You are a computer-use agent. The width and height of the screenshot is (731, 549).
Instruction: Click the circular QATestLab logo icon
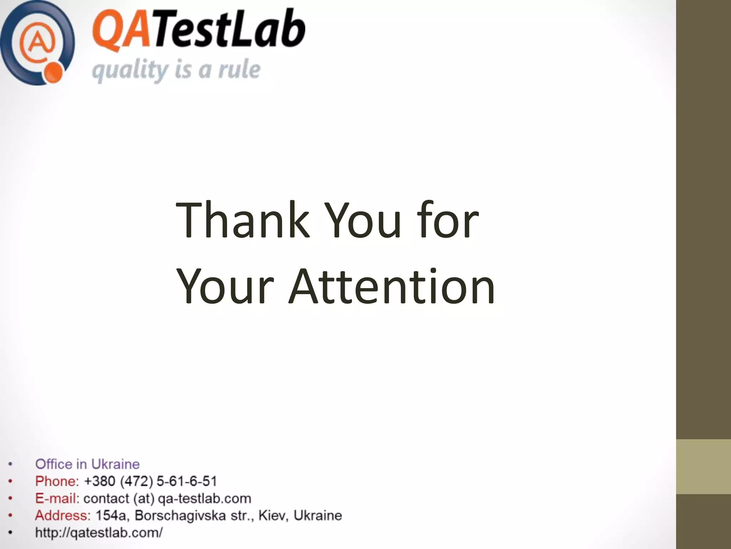[x=37, y=43]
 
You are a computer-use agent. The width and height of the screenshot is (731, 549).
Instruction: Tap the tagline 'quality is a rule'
[x=176, y=71]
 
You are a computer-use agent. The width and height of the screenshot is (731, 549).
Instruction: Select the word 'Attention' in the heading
[x=392, y=287]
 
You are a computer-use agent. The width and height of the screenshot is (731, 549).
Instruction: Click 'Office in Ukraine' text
[x=87, y=464]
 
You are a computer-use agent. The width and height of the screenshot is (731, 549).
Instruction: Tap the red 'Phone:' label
[x=57, y=481]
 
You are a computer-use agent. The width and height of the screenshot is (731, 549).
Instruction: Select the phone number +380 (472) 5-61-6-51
[x=150, y=481]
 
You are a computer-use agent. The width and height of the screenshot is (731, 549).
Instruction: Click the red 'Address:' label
[x=63, y=515]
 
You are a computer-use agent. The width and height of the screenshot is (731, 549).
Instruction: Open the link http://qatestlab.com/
[x=99, y=533]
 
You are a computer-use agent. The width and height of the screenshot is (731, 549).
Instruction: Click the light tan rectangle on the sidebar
[x=704, y=466]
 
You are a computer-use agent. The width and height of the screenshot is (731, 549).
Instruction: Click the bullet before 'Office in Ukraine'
[x=11, y=464]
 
